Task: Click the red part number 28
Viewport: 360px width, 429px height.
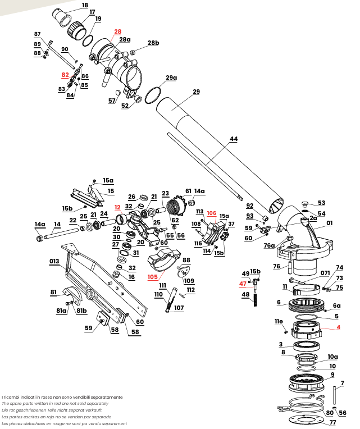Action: point(117,31)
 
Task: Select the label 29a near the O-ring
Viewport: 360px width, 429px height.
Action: point(171,77)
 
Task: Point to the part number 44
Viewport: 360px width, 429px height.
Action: point(234,138)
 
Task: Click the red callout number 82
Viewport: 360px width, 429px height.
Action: point(65,74)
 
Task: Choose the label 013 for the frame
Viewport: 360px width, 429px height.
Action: point(54,261)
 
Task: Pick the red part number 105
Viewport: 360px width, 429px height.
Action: point(153,277)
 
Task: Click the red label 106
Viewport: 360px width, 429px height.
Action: point(211,213)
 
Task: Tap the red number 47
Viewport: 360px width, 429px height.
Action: point(243,284)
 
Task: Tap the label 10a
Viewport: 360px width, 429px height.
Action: point(333,357)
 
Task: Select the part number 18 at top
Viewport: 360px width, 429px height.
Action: point(85,5)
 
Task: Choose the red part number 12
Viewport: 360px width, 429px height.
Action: point(118,207)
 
